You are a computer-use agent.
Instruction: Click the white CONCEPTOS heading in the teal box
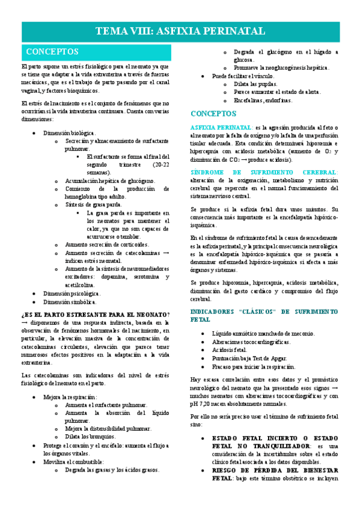52,52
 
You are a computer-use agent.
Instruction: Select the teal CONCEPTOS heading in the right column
213,113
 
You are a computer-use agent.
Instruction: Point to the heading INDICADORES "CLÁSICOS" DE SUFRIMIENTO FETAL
264,316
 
